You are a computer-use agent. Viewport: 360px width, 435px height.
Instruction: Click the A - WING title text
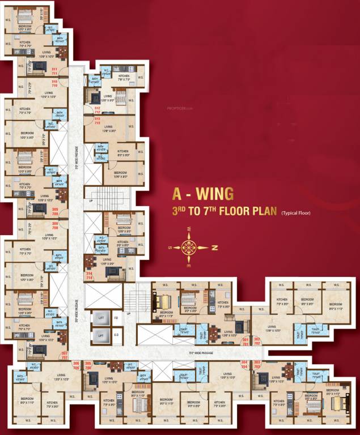(202, 194)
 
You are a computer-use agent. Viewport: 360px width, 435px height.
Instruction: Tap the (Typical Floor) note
(299, 214)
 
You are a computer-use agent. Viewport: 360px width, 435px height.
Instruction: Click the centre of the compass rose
(189, 246)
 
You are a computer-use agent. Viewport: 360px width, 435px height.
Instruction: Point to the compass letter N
(214, 247)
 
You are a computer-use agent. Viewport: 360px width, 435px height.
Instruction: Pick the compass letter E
(189, 266)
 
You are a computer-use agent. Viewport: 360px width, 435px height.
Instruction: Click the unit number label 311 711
(55, 71)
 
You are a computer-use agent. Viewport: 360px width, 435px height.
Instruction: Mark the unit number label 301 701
(245, 342)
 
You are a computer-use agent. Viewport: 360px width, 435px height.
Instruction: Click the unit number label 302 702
(257, 342)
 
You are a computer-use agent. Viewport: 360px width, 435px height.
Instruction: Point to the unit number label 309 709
(55, 212)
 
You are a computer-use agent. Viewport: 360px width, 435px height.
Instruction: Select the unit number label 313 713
(97, 120)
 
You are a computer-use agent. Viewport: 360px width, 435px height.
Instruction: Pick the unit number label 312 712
(97, 109)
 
